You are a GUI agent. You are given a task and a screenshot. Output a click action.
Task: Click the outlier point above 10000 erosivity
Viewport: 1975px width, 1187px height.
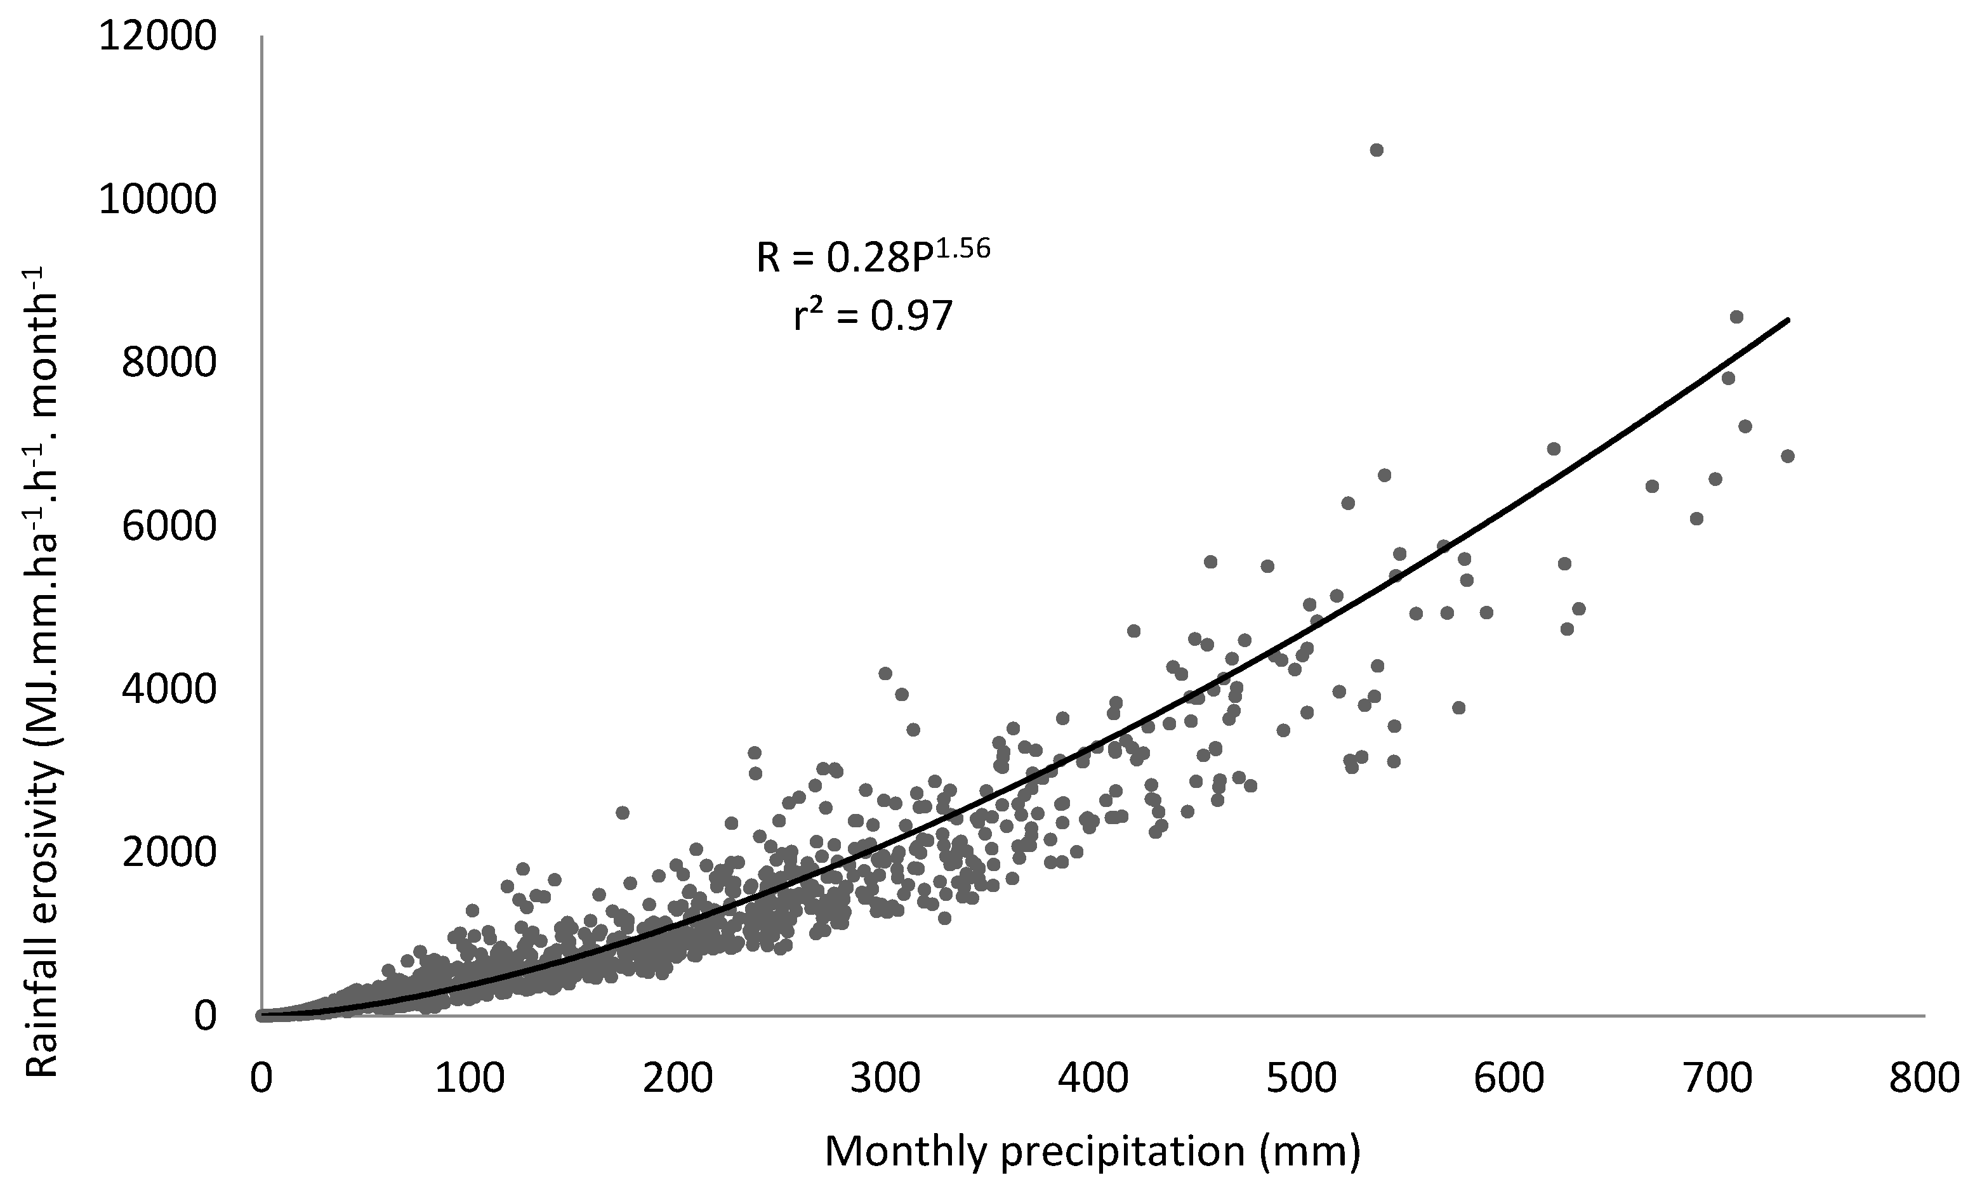pyautogui.click(x=1376, y=150)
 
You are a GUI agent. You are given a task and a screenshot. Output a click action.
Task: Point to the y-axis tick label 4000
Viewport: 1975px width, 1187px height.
pyautogui.click(x=169, y=690)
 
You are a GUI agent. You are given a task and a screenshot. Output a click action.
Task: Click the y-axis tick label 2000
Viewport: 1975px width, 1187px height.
pyautogui.click(x=169, y=853)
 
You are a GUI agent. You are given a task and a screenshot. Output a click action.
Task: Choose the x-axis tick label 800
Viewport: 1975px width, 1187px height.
pyautogui.click(x=1924, y=1079)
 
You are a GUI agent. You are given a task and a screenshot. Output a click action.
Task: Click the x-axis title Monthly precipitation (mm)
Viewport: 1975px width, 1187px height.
pyautogui.click(x=1092, y=1152)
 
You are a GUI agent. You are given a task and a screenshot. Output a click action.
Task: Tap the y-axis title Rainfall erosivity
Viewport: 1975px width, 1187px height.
pyautogui.click(x=42, y=672)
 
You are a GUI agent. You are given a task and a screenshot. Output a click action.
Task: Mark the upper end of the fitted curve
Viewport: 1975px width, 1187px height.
pyautogui.click(x=1788, y=320)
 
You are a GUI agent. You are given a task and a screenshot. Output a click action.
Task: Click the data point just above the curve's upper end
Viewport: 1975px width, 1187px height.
pyautogui.click(x=1736, y=317)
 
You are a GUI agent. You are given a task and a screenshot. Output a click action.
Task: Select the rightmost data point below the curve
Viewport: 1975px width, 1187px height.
pyautogui.click(x=1788, y=456)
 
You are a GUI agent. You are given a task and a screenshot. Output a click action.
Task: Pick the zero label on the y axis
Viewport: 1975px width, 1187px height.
pyautogui.click(x=205, y=1016)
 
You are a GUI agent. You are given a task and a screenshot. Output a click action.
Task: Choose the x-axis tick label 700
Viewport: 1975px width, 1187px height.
pyautogui.click(x=1716, y=1079)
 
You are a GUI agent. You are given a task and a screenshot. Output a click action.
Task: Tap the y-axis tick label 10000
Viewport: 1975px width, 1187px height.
pyautogui.click(x=157, y=200)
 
